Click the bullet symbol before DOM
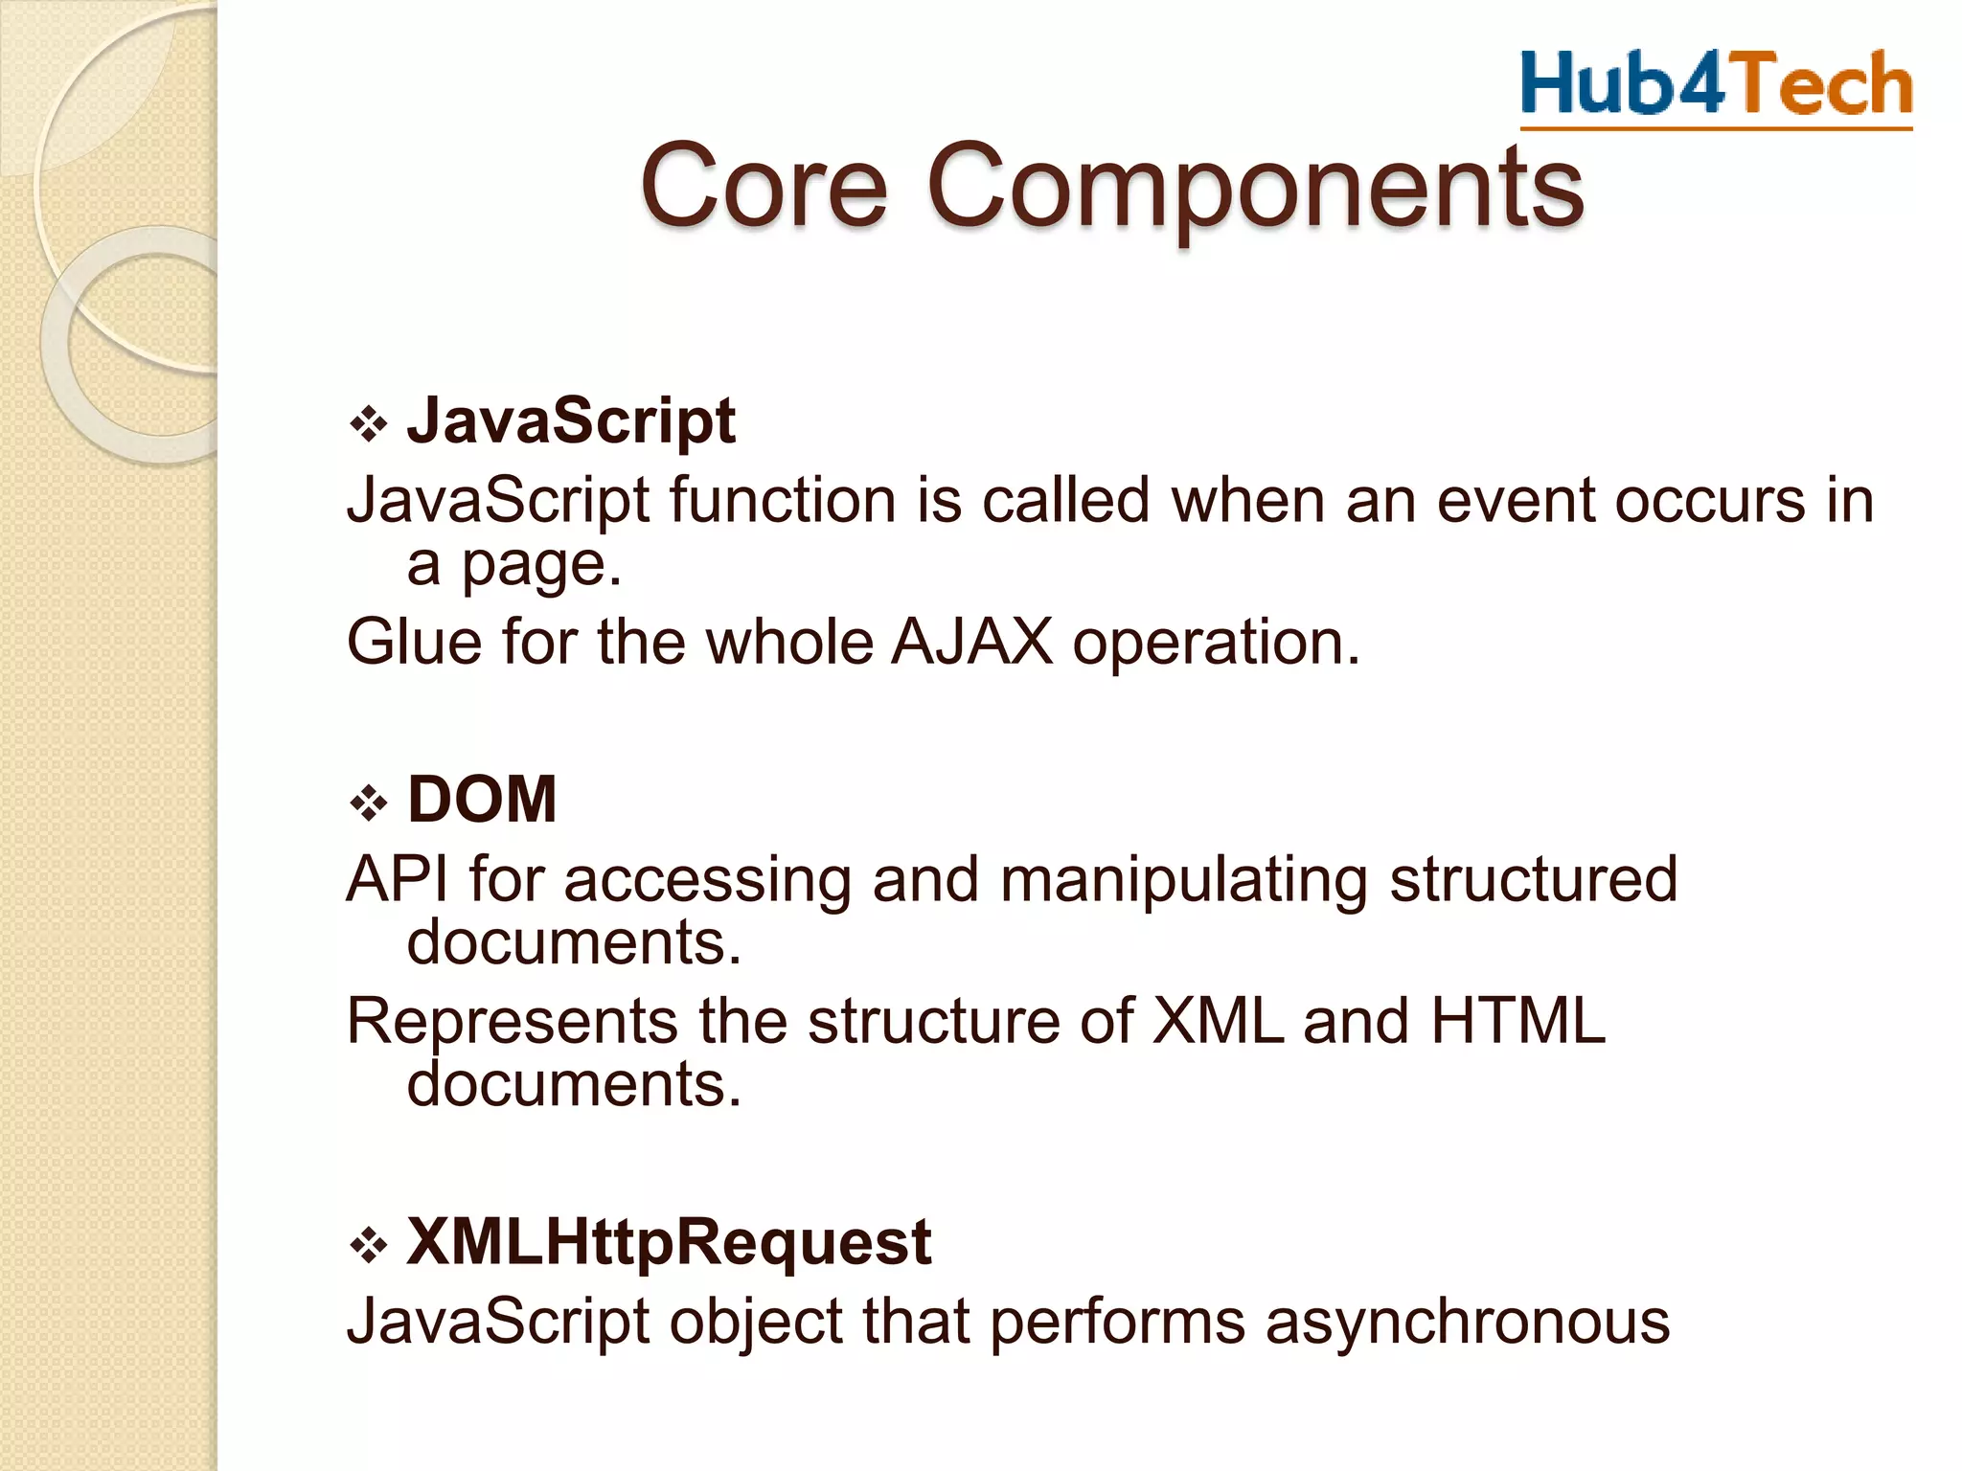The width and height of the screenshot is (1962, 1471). tap(368, 803)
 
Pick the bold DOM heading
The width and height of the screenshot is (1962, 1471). tap(482, 799)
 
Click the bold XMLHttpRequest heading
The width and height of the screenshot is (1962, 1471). tap(669, 1242)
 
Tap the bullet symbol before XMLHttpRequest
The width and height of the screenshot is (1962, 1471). tap(368, 1246)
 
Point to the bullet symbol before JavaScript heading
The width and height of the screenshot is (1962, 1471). tap(368, 424)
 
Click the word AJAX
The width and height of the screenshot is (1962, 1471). tap(971, 642)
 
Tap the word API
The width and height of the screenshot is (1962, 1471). tap(397, 878)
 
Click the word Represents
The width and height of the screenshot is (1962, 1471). tap(513, 1021)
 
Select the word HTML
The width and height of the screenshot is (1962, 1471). tap(1517, 1021)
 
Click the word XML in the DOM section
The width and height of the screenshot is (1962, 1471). tap(1217, 1021)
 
